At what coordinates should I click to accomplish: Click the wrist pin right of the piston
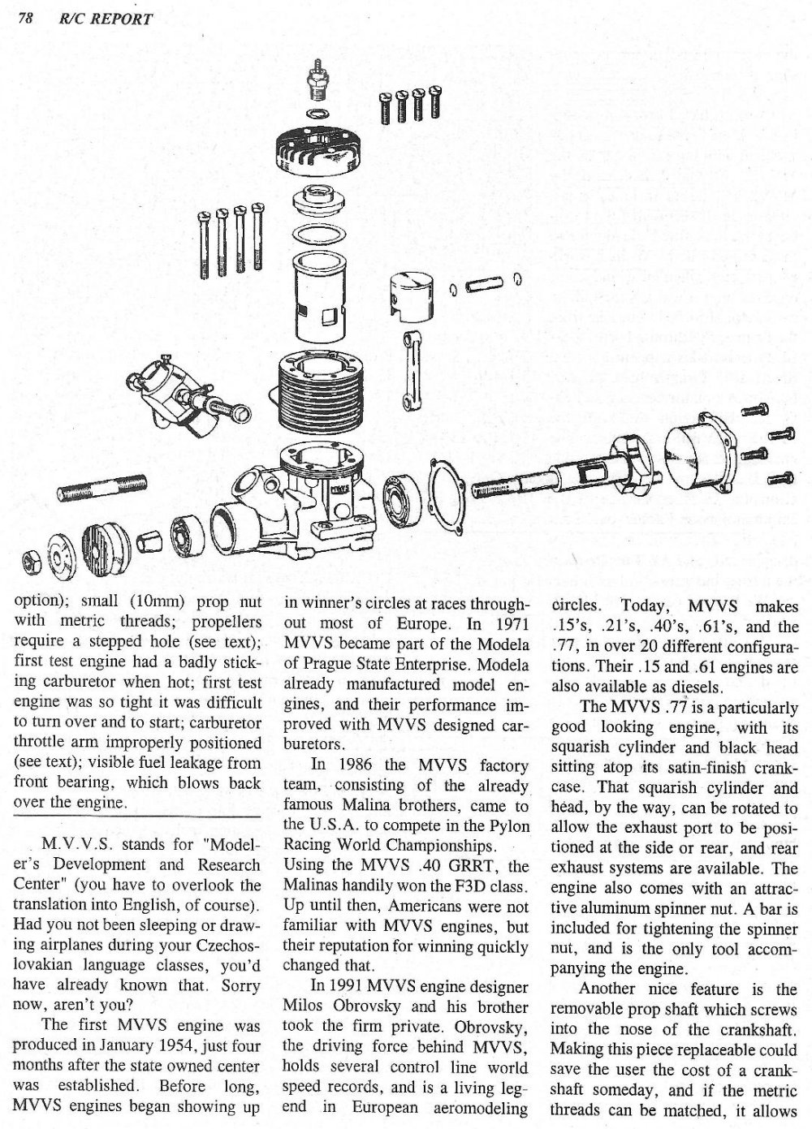(487, 286)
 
